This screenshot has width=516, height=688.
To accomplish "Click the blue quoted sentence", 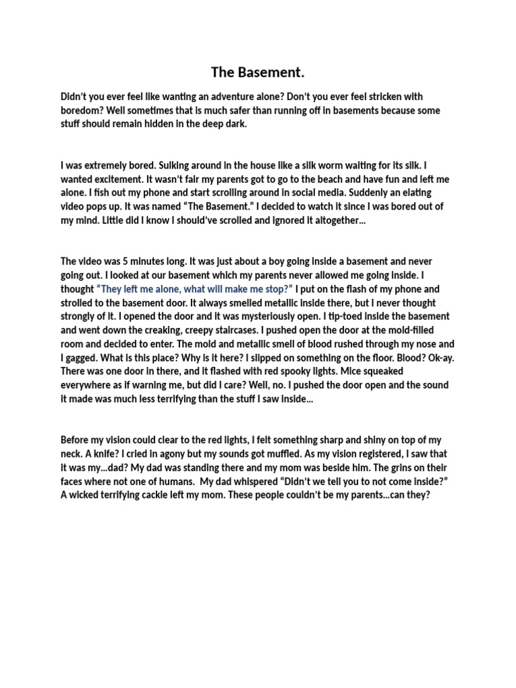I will (195, 289).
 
